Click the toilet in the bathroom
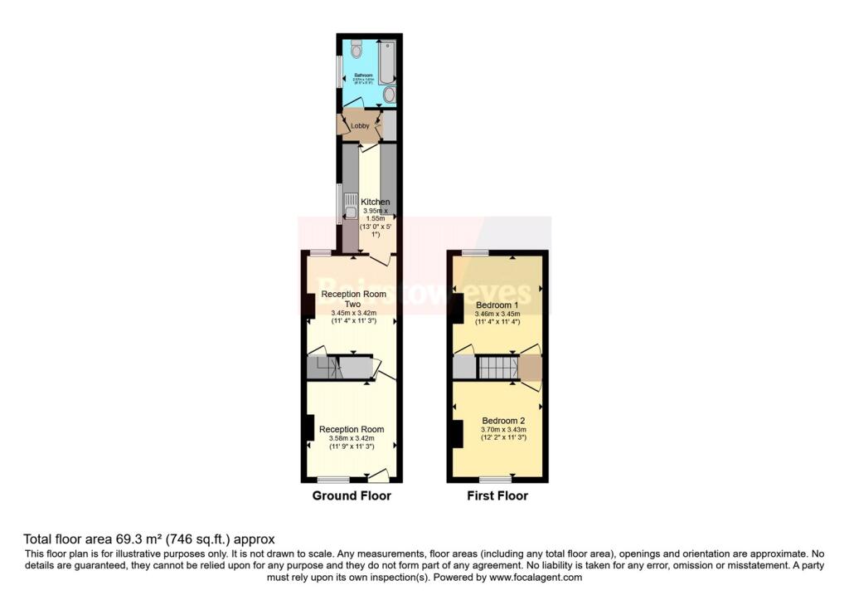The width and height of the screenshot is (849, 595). tap(357, 49)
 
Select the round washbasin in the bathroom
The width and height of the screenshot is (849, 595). tap(389, 95)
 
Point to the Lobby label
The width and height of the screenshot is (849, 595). tap(360, 125)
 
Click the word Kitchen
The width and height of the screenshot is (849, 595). tap(375, 202)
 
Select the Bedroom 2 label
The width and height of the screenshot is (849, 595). tap(503, 420)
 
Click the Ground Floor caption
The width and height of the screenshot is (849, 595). tap(351, 496)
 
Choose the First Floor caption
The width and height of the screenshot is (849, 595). tap(497, 496)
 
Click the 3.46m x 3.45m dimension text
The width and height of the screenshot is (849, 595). tap(497, 315)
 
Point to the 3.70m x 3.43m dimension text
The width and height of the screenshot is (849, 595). tap(503, 429)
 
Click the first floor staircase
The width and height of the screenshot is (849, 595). tap(497, 368)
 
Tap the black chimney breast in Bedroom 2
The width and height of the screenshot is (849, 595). tap(457, 434)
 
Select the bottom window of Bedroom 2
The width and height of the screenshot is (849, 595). tap(495, 480)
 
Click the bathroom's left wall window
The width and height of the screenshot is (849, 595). tap(338, 71)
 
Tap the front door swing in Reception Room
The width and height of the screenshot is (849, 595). tap(379, 476)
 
